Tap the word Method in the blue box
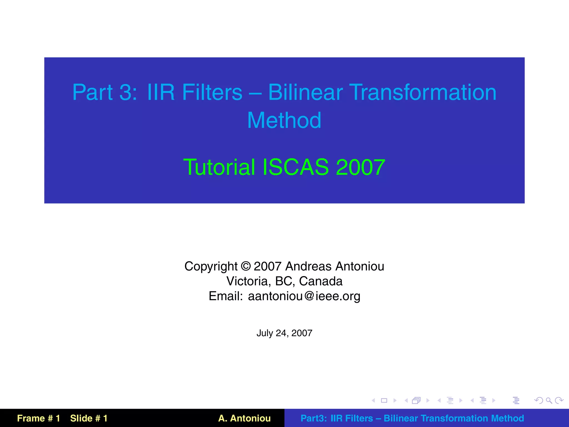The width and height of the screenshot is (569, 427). point(284,121)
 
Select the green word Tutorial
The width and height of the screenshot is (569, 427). point(219,167)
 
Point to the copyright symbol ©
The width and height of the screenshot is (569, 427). point(246,266)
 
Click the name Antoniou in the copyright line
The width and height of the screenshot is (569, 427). point(360,266)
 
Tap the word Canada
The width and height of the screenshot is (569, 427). point(321,281)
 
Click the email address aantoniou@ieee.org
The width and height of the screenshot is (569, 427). point(304,296)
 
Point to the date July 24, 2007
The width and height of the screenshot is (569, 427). point(284,333)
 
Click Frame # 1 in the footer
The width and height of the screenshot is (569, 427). point(38,418)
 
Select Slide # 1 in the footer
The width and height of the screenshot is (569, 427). point(89,418)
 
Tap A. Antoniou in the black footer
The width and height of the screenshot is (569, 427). point(244,418)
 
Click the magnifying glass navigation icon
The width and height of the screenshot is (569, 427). point(549,401)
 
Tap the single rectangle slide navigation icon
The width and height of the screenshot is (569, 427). point(384,401)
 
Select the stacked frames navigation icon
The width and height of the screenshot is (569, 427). point(416,401)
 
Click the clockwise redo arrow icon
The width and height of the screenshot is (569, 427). point(559,401)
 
